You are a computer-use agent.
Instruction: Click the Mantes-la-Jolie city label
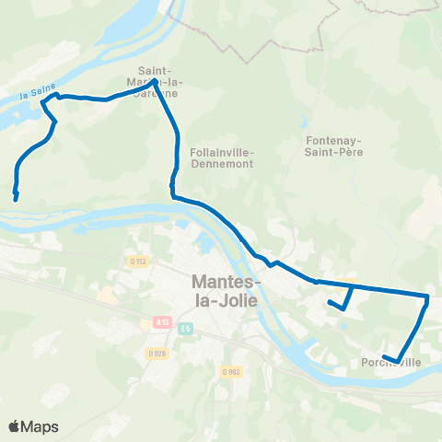tap(225, 290)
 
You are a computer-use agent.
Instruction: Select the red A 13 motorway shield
tap(161, 323)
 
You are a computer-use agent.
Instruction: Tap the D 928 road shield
tap(157, 353)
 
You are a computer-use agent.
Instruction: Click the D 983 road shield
tap(230, 371)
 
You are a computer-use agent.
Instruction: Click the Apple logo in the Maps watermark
tap(15, 426)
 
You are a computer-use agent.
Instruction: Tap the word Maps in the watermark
tap(41, 426)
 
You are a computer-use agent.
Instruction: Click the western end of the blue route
tap(15, 196)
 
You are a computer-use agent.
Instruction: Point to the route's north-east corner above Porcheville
tap(427, 297)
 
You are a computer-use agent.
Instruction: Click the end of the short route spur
tap(330, 301)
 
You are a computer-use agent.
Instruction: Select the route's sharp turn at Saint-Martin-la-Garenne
tap(154, 81)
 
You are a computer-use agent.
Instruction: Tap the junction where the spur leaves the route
tap(352, 286)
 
